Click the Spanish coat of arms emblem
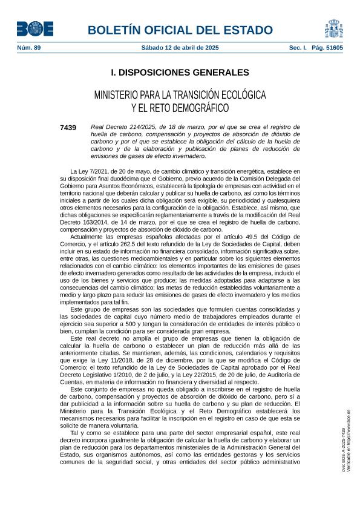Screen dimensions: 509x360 tap(334, 28)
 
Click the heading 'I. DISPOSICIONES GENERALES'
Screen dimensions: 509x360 tap(180, 73)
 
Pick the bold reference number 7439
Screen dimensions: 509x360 tap(68, 127)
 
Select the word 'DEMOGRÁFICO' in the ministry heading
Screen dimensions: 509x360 tap(200, 108)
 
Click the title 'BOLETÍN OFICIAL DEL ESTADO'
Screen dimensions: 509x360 tap(180, 30)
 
